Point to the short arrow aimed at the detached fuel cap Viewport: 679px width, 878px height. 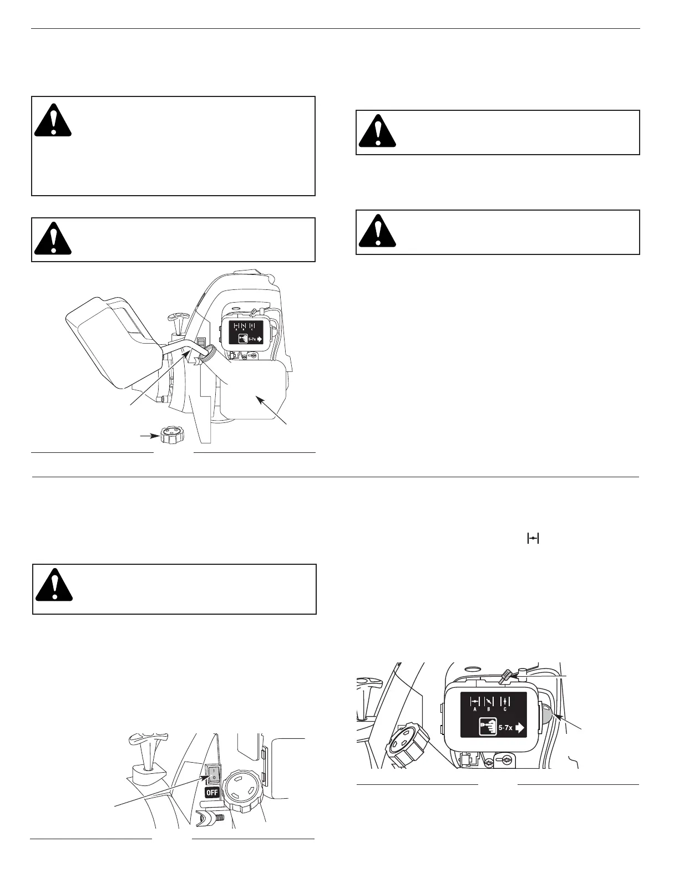coord(147,436)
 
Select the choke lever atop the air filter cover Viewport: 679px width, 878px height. coord(506,675)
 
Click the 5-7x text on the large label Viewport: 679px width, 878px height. coord(505,728)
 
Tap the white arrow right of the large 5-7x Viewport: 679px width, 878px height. coord(520,728)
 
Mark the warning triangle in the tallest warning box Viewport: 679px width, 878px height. coord(53,124)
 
